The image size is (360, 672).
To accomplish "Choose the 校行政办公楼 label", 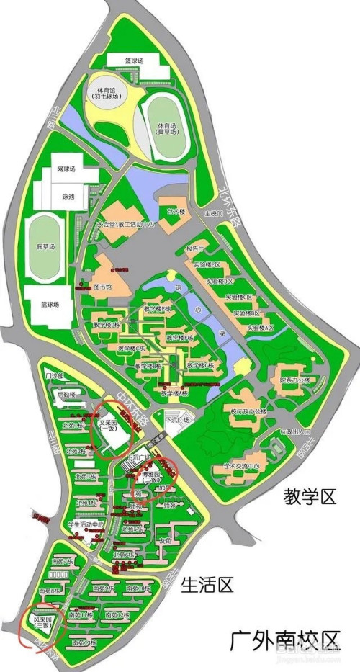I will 248,412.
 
